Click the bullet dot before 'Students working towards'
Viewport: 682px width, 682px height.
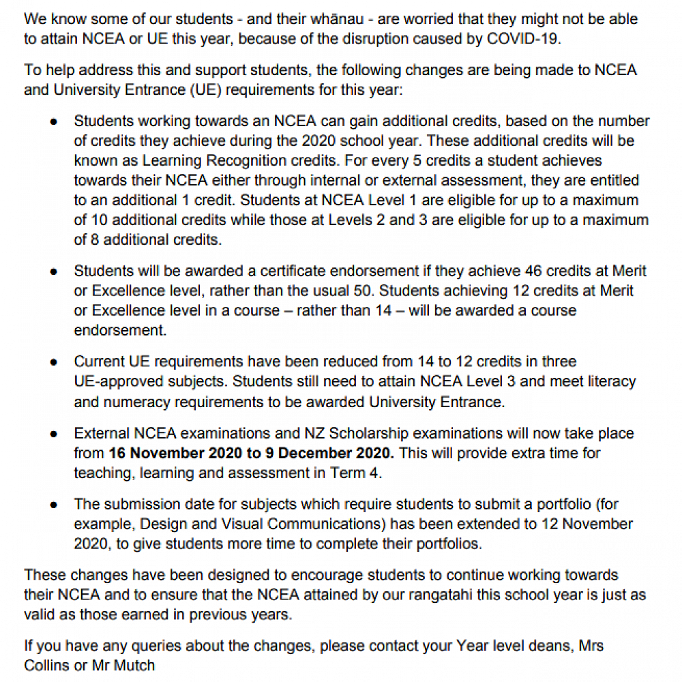tap(53, 121)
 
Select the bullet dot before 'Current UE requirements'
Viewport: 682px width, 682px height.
tap(53, 362)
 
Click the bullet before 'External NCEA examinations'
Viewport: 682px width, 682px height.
tap(53, 434)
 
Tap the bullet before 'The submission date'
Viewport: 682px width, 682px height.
tap(53, 505)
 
